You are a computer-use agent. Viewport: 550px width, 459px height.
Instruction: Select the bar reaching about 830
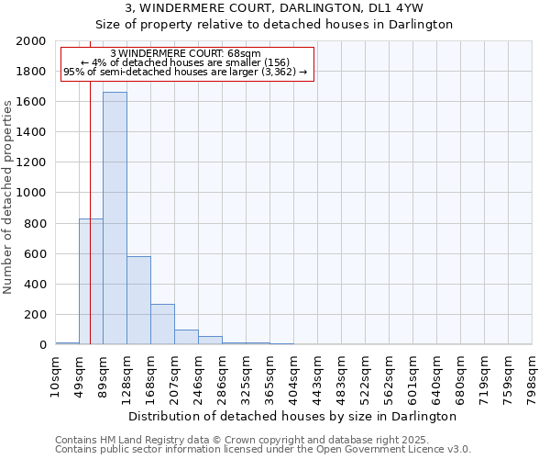coord(91,281)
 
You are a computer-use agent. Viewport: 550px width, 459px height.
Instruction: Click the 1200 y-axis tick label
coord(31,162)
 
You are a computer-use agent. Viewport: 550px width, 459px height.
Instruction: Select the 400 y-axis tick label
coord(35,285)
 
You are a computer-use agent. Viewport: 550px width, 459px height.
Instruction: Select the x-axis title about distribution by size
coord(293,416)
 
